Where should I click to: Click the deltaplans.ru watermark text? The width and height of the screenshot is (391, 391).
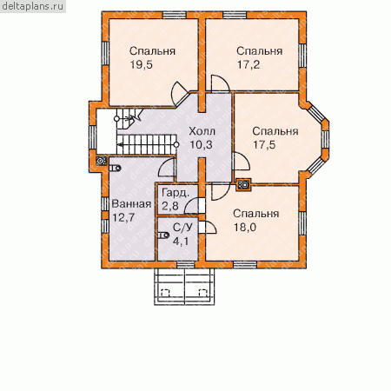click(32, 6)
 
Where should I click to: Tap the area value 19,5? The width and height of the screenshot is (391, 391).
click(141, 64)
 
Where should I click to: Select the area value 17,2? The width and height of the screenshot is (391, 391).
click(249, 64)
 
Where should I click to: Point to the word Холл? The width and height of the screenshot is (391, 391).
click(202, 131)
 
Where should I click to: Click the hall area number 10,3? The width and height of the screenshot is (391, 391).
click(201, 144)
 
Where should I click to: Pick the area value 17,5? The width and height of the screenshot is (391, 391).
click(264, 144)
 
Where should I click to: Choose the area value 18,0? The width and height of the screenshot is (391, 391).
click(245, 227)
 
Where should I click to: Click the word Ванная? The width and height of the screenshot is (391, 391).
click(131, 204)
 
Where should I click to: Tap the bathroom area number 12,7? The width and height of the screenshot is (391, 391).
click(123, 217)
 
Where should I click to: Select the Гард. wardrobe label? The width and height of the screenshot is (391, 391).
click(176, 193)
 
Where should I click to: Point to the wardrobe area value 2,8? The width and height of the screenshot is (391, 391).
click(170, 206)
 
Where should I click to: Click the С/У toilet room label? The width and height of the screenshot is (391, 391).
click(182, 228)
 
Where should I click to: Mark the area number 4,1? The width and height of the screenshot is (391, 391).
click(181, 241)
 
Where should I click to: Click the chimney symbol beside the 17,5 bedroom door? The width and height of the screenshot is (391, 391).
click(243, 184)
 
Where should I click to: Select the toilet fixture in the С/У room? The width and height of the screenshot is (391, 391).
click(163, 235)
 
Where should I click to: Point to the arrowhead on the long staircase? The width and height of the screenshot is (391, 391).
click(119, 144)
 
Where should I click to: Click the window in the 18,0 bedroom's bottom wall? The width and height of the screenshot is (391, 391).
click(245, 265)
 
